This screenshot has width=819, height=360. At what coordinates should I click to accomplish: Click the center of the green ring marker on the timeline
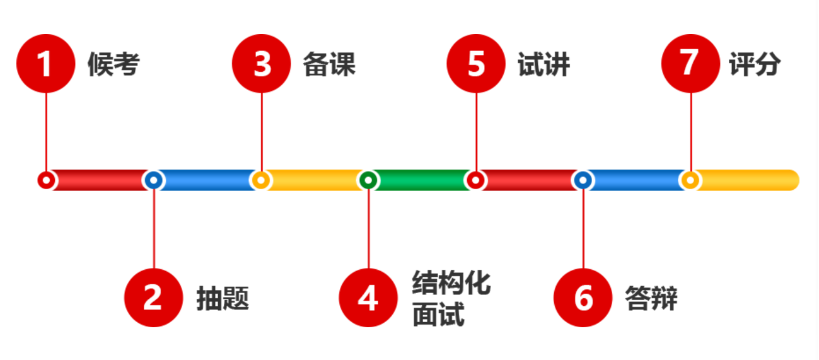pos(368,180)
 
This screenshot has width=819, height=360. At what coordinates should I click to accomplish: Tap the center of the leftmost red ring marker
pos(47,180)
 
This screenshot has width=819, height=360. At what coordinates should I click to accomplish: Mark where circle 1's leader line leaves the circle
pos(47,93)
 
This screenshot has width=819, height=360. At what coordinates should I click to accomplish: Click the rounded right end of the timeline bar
pos(799,180)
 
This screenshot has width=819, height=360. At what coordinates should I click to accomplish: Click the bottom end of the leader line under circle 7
pos(690,171)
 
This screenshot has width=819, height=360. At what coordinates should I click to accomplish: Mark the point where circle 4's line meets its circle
pos(369,269)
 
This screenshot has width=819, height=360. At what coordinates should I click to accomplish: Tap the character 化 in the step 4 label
pos(477,282)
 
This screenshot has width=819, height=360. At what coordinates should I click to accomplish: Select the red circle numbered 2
pos(154,298)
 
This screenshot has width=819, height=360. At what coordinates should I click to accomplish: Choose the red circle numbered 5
pos(475,64)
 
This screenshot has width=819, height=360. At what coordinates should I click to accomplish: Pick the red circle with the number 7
pos(690,64)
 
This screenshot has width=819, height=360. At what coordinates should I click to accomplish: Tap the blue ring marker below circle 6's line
pos(583,180)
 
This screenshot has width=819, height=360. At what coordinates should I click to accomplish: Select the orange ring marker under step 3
pos(261,180)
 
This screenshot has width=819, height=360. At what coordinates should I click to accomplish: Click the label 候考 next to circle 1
pos(113,64)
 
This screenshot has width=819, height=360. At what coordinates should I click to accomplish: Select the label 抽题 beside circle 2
pos(223,298)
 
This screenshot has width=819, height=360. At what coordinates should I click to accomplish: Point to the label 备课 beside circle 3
pos(329,64)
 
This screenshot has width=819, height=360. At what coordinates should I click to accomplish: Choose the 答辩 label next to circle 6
pos(651,298)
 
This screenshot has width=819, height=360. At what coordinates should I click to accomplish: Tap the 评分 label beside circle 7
pos(755,64)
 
